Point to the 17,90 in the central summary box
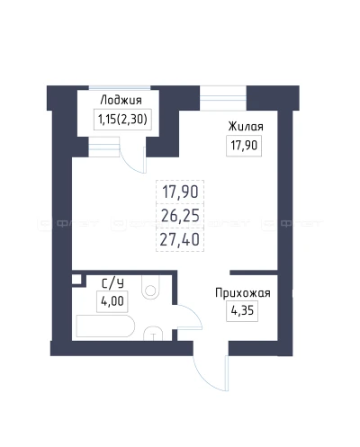point(181,193)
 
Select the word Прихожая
point(242,292)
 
